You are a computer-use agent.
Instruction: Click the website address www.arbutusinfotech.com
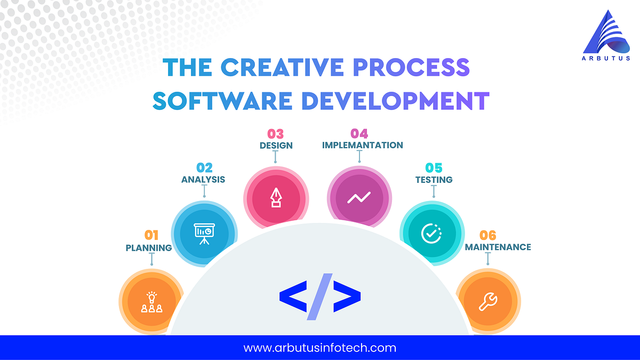[320, 348]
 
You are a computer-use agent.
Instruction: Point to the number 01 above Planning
[151, 235]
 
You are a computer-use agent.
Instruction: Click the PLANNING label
[149, 247]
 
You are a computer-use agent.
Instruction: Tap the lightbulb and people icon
[151, 302]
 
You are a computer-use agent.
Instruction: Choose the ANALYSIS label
[203, 179]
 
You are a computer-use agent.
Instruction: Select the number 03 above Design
[275, 133]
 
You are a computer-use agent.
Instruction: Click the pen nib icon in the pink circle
[276, 198]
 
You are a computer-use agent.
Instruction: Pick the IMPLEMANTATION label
[363, 145]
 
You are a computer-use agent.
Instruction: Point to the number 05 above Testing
[434, 168]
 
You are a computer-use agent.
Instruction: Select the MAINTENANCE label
[498, 247]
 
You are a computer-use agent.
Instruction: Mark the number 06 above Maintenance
[488, 235]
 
